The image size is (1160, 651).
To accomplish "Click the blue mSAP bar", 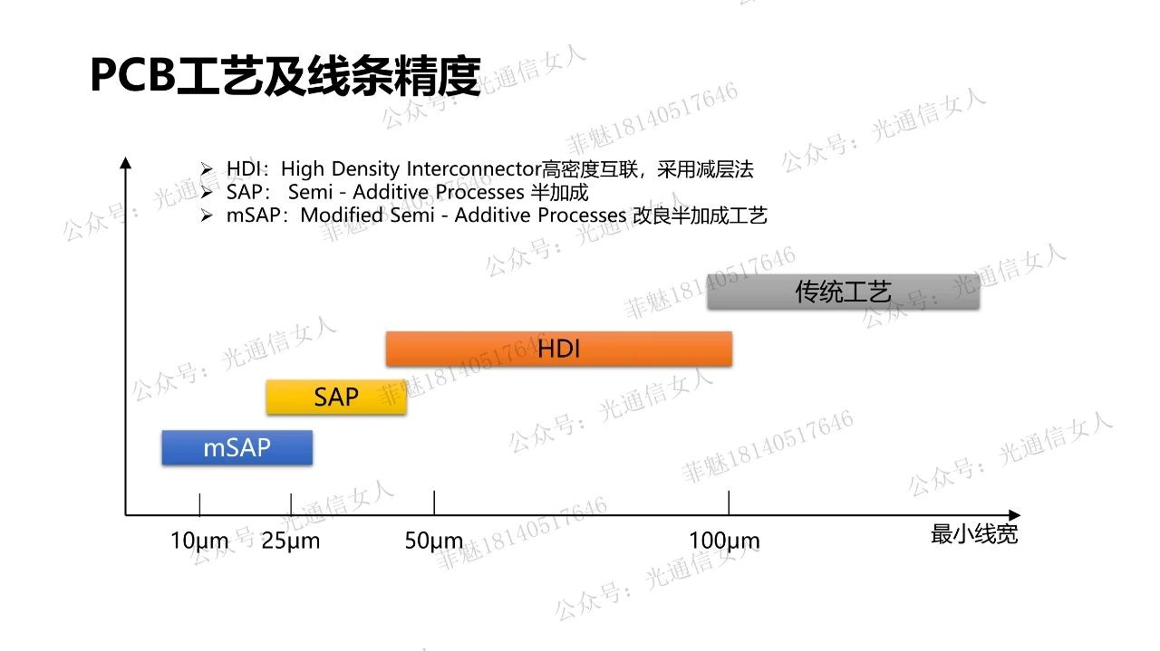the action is coord(237,447).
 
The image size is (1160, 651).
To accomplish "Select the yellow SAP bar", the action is coord(336,397).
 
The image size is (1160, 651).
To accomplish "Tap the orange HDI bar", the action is coord(559,349).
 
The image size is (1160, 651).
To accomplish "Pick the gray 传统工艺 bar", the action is coord(844,292).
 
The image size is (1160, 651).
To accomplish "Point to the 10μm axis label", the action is coord(199,541).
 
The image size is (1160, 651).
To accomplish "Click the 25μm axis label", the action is coord(291,541).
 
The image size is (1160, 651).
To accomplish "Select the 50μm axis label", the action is coord(433,541).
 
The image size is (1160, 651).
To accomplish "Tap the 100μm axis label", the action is coord(724,541).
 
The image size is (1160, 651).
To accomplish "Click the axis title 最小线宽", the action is coord(974,534).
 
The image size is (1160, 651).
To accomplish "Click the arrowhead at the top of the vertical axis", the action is coord(125,162).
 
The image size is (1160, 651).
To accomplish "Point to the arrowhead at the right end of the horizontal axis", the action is coord(1014,515).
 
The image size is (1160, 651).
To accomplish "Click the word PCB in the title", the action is coord(133,75).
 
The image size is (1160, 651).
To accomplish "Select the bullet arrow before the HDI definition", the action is coord(207,168).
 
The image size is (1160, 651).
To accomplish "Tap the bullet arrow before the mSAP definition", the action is coord(207,215).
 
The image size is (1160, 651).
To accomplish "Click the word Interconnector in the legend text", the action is coord(474,168).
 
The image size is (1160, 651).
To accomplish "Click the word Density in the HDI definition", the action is coord(365,169).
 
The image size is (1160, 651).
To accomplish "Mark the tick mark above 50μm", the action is coord(434,503).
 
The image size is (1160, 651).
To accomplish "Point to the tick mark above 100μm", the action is coord(729,503).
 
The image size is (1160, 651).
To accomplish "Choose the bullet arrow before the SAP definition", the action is coord(207,192).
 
